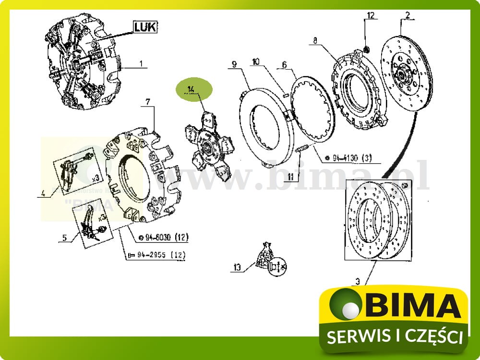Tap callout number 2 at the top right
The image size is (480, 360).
[x=408, y=15]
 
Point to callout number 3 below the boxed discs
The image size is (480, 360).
[x=357, y=282]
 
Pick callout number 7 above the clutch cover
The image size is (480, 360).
[x=148, y=102]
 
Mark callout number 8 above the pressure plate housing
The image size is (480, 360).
[x=315, y=41]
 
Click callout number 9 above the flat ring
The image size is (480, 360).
[x=234, y=64]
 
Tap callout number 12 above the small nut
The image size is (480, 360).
[x=370, y=15]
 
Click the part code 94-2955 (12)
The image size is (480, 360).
[x=156, y=255]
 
